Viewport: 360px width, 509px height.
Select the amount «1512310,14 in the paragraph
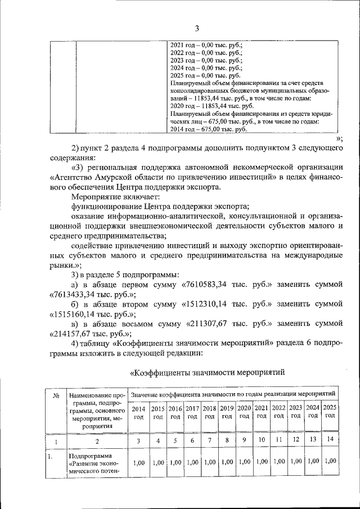click(x=209, y=304)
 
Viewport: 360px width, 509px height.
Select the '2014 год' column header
click(x=138, y=412)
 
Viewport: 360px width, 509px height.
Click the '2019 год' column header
click(x=227, y=412)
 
